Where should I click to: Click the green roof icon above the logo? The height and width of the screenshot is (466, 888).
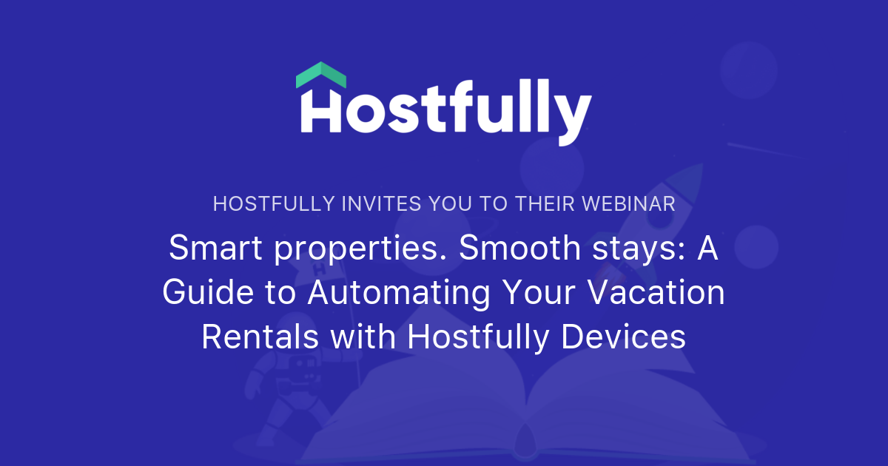click(321, 75)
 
